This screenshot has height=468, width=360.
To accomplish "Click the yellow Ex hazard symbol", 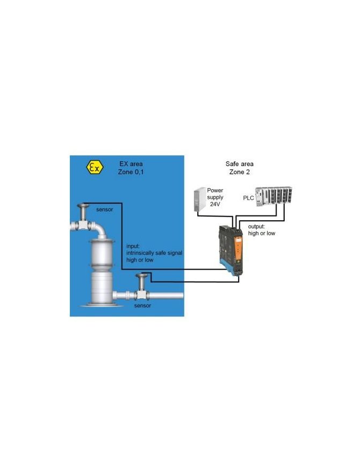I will click(94, 167).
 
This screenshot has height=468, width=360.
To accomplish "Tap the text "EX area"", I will click(132, 163).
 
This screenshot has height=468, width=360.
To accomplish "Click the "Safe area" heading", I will click(238, 163).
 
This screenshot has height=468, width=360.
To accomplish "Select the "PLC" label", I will click(248, 198).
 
